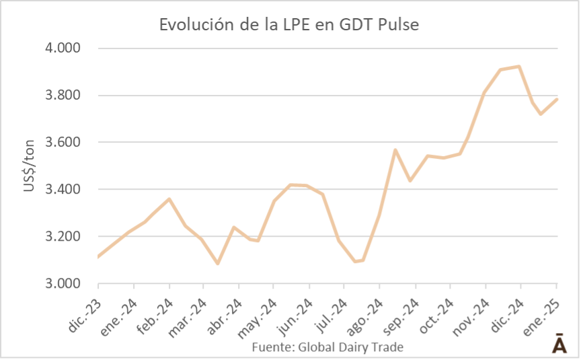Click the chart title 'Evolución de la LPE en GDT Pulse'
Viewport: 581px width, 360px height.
pos(289,25)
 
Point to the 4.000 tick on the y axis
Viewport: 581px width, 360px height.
pos(63,48)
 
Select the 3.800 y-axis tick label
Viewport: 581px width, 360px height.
pos(63,96)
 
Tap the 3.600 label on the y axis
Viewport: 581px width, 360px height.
pos(63,143)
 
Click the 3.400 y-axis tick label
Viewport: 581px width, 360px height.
pos(63,190)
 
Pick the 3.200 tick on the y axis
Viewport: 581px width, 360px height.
pos(63,237)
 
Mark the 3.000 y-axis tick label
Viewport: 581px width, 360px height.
pos(63,284)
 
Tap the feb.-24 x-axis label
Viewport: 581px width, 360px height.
pos(155,309)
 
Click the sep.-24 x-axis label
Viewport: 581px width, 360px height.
pos(399,309)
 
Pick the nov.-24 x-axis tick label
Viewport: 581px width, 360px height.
pos(470,309)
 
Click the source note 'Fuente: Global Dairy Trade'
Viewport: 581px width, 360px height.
pos(327,347)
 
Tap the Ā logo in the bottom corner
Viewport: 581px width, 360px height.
pos(559,343)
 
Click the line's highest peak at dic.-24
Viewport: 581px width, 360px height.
pos(519,66)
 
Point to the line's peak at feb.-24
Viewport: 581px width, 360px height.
pos(169,199)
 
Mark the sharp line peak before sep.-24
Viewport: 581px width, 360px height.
pos(395,149)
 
